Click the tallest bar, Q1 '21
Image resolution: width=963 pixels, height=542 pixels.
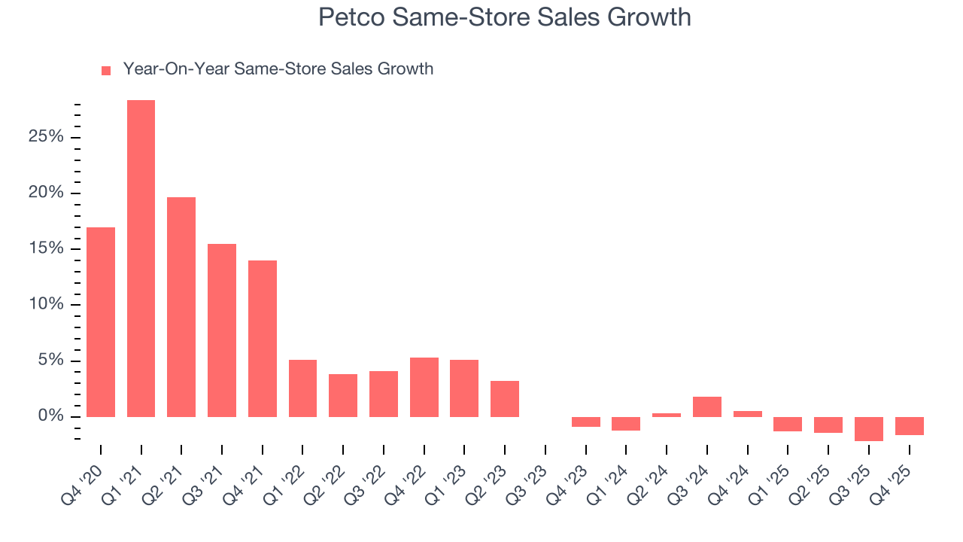coord(141,258)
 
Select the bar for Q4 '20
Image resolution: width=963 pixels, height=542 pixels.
coord(101,322)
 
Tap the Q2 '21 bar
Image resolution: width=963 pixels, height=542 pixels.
coord(181,307)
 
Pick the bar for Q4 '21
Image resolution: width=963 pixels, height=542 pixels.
coord(263,339)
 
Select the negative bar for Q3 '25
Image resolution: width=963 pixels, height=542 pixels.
coord(869,429)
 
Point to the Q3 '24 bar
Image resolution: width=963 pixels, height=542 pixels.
coord(707,406)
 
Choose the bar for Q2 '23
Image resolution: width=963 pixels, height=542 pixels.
coord(505,399)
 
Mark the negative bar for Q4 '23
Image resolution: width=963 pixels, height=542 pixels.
coord(586,422)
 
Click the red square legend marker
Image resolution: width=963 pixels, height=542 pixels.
coord(106,70)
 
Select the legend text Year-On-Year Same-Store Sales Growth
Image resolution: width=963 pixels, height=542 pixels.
coord(278,69)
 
